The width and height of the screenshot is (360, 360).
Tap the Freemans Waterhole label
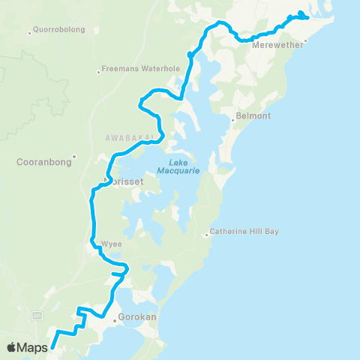coord(142,69)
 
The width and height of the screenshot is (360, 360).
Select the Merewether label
coord(277,44)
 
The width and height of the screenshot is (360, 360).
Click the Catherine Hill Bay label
coord(244,232)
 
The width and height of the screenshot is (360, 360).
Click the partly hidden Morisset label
coord(117,181)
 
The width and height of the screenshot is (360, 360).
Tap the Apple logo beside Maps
coord(13,347)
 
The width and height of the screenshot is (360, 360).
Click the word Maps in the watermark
coord(34,347)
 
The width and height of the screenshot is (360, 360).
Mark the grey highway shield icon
coord(36,313)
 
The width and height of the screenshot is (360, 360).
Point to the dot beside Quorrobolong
coord(28,32)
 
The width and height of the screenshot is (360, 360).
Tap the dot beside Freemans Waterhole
coord(98,73)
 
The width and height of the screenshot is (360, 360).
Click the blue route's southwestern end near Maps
coord(52,347)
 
